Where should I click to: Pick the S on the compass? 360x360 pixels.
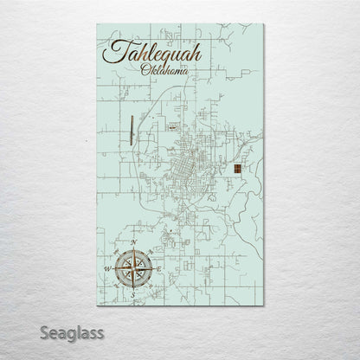[132, 294]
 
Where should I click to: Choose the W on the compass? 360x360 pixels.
[106, 268]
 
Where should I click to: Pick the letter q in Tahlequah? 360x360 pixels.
[166, 62]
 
